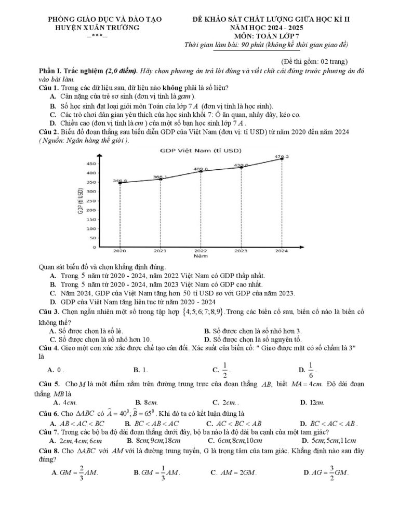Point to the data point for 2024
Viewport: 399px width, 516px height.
282,158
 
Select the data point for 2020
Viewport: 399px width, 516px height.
120,183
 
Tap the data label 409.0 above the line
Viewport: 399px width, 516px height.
201,169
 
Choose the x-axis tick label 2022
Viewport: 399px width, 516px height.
201,251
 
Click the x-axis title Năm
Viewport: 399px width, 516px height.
201,256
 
